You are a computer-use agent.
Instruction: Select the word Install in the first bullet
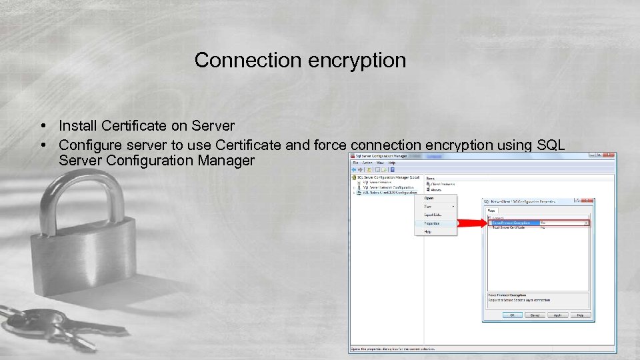pyautogui.click(x=75, y=125)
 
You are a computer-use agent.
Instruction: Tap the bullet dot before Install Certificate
pyautogui.click(x=42, y=126)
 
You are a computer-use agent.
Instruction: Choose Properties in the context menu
pyautogui.click(x=432, y=223)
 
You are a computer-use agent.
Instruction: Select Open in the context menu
pyautogui.click(x=429, y=198)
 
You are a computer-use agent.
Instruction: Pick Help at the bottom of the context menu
pyautogui.click(x=428, y=232)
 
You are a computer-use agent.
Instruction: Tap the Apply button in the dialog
pyautogui.click(x=557, y=315)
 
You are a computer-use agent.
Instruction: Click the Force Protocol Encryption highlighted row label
pyautogui.click(x=511, y=223)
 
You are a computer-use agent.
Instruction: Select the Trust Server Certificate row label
pyautogui.click(x=509, y=228)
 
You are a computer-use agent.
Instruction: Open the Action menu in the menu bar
pyautogui.click(x=367, y=162)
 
